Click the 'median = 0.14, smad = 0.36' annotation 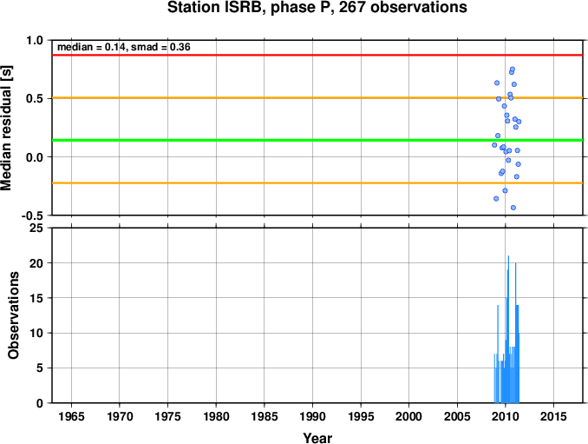[x=124, y=47]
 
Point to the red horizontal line [x=317, y=56]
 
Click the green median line [x=317, y=141]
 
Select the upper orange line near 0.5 [x=317, y=98]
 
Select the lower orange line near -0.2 [x=317, y=183]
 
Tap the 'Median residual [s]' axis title [x=6, y=128]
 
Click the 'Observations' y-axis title [x=14, y=315]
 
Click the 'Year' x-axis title [x=317, y=438]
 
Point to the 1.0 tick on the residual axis [x=35, y=40]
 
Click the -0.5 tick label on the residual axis [x=32, y=215]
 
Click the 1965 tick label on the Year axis [x=71, y=416]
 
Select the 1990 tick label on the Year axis [x=312, y=416]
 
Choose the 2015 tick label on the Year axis [x=553, y=416]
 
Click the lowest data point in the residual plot [x=513, y=208]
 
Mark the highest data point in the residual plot [x=513, y=70]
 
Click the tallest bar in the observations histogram [x=508, y=329]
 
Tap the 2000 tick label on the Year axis [x=408, y=416]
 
